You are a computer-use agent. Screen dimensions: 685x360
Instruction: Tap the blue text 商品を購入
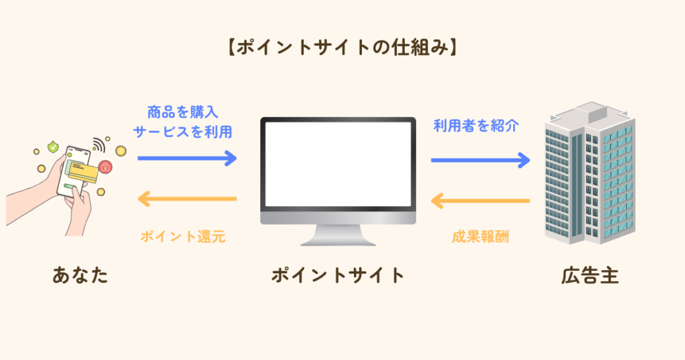[183, 112]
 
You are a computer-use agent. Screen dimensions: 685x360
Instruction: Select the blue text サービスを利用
[183, 132]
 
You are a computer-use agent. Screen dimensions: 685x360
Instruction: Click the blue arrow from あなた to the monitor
[187, 158]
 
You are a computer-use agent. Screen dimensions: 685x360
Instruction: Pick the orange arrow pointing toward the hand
[187, 199]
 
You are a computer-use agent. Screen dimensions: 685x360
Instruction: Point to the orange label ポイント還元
[183, 237]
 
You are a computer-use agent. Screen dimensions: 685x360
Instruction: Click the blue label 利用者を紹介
[476, 126]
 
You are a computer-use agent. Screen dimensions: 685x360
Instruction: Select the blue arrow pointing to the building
[480, 161]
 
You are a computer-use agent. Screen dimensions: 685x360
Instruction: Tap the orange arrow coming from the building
[480, 201]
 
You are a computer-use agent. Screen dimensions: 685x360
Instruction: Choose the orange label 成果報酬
[480, 237]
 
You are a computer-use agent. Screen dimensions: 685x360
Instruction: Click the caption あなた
[80, 275]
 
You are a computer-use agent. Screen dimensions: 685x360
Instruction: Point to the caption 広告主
[590, 276]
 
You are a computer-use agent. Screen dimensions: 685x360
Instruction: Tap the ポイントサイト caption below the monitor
[338, 276]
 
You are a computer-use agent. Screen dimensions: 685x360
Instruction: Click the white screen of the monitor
[338, 164]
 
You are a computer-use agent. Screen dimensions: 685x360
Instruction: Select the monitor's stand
[338, 235]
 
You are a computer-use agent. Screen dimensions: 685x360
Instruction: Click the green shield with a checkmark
[53, 147]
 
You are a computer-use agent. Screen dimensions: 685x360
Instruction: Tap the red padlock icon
[105, 167]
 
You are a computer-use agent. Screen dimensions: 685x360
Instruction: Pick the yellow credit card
[82, 173]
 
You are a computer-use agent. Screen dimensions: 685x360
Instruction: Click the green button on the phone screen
[69, 185]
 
